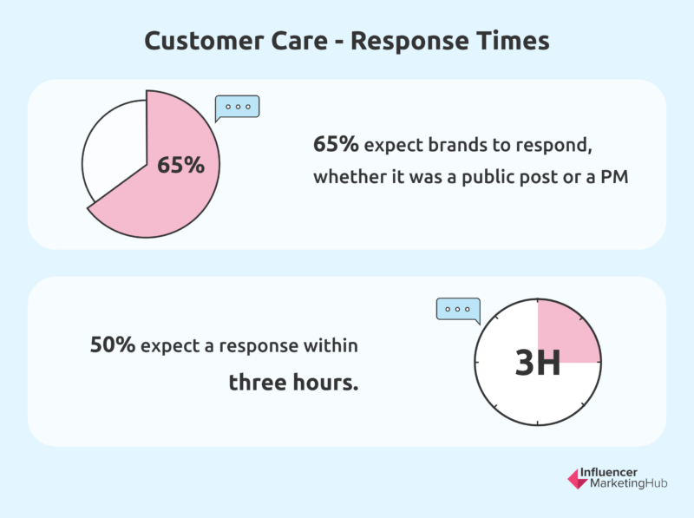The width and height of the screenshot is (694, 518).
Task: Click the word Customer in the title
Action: click(x=204, y=41)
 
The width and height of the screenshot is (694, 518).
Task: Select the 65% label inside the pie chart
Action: click(x=180, y=165)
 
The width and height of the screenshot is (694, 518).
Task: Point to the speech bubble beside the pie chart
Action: click(x=237, y=108)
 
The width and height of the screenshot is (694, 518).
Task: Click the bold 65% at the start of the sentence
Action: click(x=336, y=144)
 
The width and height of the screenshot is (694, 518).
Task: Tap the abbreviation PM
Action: click(x=614, y=177)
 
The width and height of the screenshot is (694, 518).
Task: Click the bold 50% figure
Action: click(x=113, y=344)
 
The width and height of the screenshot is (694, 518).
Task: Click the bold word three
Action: click(x=257, y=382)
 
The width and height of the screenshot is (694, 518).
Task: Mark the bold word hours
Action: click(x=325, y=382)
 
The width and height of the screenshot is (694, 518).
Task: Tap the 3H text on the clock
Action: click(x=537, y=363)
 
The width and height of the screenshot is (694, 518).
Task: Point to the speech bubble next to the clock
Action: click(x=458, y=310)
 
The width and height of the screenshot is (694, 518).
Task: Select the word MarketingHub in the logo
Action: click(x=628, y=483)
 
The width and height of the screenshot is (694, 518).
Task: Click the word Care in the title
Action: click(x=299, y=41)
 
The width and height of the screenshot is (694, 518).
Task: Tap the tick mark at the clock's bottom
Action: click(x=537, y=423)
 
